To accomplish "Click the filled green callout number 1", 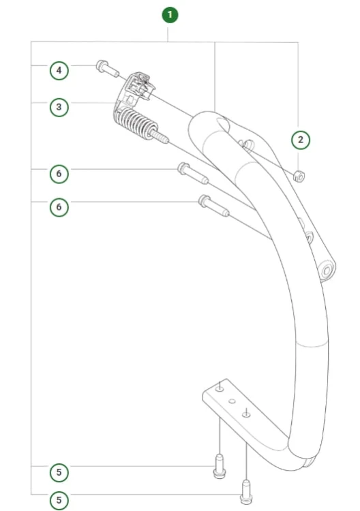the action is tap(170, 15).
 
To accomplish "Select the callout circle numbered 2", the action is tap(300, 140).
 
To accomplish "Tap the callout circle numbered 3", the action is tap(59, 107).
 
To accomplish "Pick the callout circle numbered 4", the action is tap(59, 70).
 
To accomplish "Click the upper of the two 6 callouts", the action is tap(59, 173).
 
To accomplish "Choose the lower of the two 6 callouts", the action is tap(59, 207).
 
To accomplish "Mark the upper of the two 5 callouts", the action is tap(59, 472).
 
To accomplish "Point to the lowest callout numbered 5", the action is tap(59, 500).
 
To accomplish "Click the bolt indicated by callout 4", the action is tap(107, 68).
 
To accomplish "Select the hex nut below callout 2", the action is tap(299, 176).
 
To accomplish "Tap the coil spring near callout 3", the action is tap(135, 123).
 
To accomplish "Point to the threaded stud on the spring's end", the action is tap(159, 136).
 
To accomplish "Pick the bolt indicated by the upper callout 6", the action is tap(193, 173).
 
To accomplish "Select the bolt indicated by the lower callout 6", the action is tap(214, 206).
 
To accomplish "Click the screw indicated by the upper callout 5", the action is tap(220, 466).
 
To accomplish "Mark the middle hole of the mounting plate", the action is tap(232, 401).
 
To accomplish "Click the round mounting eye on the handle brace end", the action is tap(327, 270).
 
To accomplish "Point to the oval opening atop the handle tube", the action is tap(223, 125).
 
